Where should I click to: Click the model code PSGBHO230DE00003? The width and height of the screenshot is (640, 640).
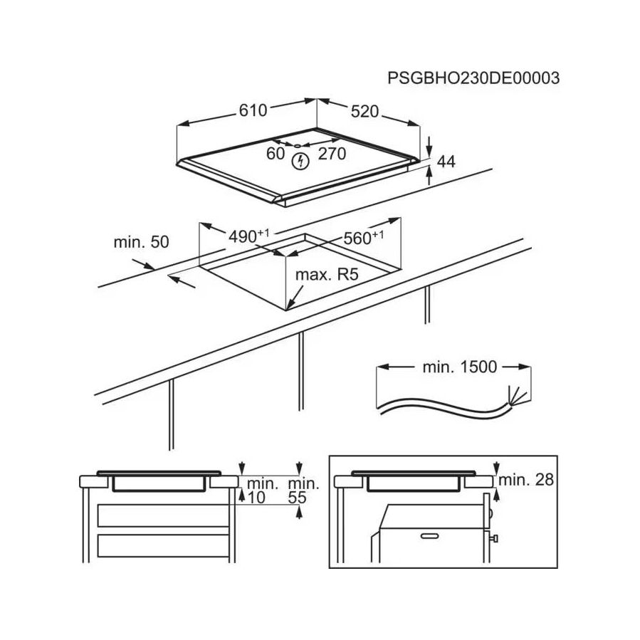click(x=473, y=78)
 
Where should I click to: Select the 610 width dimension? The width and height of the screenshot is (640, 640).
click(x=253, y=110)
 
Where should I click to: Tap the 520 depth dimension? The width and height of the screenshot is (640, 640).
click(x=365, y=112)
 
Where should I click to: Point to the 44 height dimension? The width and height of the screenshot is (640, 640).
click(x=446, y=162)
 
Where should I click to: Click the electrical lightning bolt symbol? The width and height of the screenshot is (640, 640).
click(x=300, y=162)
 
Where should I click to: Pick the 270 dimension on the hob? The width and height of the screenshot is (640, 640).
click(x=332, y=154)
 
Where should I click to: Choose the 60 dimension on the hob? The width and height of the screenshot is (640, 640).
click(x=275, y=154)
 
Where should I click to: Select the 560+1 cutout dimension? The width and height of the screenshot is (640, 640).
click(x=363, y=238)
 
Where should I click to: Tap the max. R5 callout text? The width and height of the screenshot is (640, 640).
click(x=327, y=275)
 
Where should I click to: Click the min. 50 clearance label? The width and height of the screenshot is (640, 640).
click(x=141, y=242)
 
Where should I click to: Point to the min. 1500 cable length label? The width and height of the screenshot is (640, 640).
click(x=460, y=367)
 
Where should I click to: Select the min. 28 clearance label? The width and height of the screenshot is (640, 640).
click(x=525, y=480)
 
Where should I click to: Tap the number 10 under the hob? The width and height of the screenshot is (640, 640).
click(x=256, y=498)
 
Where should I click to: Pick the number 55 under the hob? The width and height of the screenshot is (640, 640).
click(x=297, y=498)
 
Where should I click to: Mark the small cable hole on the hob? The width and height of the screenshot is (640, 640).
click(x=297, y=145)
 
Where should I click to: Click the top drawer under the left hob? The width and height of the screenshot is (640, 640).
click(x=163, y=515)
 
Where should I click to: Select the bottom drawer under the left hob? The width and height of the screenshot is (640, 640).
click(x=163, y=546)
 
